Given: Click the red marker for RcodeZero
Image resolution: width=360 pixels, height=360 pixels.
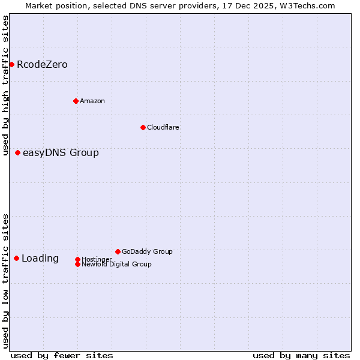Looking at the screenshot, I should coord(11,64).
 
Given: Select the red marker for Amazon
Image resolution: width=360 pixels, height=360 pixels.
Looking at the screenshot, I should coord(76,101).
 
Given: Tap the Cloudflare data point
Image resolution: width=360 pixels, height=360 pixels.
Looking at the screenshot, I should coord(143,127).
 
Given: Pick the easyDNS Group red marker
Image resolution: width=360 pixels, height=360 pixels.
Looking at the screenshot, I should coord(17,152).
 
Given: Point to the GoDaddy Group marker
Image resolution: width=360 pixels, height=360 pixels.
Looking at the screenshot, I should coord(118,251).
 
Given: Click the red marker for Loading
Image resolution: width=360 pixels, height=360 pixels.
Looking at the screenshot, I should coord(16,258).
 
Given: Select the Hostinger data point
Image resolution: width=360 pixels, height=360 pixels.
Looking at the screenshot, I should coord(77,259).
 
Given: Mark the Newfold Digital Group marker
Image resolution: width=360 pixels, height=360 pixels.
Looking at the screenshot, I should coord(77,264).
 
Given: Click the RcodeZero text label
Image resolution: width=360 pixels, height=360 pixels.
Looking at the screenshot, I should coord(42,65).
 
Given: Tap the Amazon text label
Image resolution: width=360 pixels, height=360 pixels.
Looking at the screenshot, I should coord(92,101).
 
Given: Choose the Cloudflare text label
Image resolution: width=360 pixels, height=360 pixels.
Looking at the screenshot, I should coord(163,127).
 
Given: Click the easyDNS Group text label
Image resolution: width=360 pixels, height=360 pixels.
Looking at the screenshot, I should coord(61,153).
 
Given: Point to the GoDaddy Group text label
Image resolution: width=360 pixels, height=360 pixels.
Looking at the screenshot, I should coord(147,251).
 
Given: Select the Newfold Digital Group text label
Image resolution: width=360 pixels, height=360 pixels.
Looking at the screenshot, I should coord(116,264).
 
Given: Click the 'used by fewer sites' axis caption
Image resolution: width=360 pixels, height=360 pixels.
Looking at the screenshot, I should coord(62,355).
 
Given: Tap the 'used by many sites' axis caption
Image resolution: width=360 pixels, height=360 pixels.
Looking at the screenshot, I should coord(301,355).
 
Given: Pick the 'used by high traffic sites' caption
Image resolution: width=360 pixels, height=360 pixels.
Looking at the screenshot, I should coord(6,85).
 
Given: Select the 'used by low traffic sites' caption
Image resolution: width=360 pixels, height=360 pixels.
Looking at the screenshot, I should coord(6,281).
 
